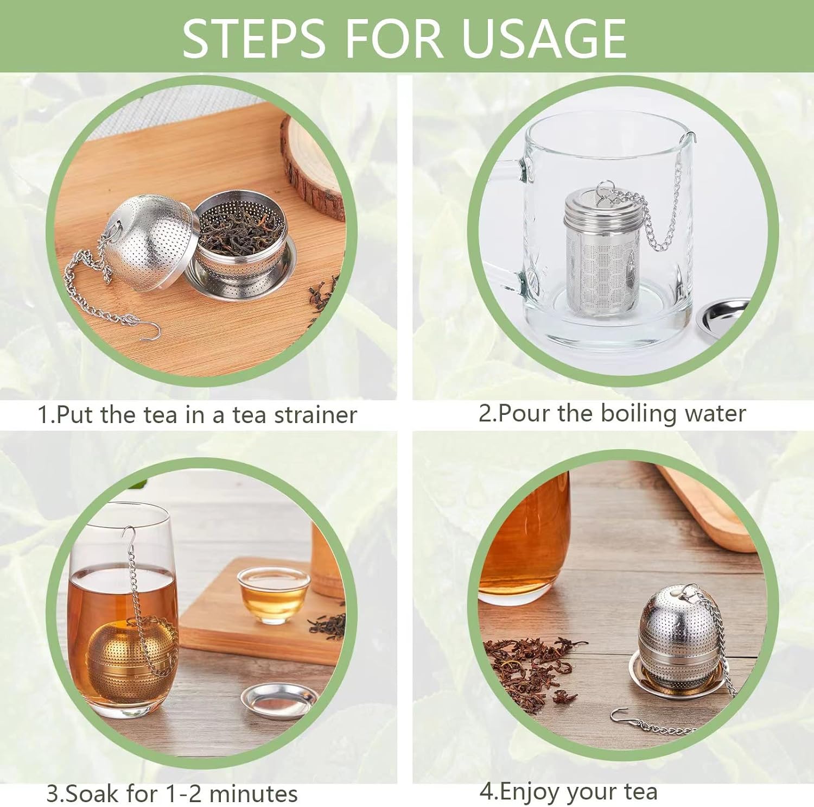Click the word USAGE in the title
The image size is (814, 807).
[x=544, y=38]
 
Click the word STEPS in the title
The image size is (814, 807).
[x=253, y=38]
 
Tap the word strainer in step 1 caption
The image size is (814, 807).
[x=315, y=415]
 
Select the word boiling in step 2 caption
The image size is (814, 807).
[x=639, y=414]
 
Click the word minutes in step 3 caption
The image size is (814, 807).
[x=253, y=793]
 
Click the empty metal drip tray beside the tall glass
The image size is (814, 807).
[x=279, y=700]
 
